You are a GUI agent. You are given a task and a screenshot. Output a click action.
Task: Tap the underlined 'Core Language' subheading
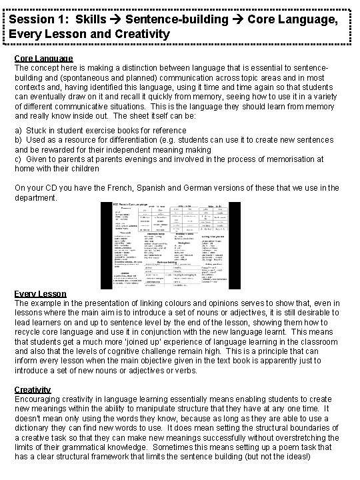coord(43,58)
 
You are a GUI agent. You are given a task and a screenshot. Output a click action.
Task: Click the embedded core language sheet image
coord(180,245)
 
